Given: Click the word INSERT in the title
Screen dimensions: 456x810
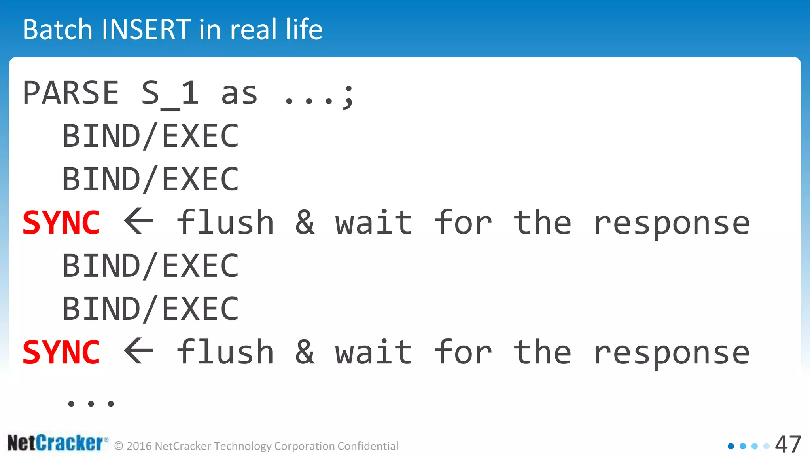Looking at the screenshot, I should coord(146,30).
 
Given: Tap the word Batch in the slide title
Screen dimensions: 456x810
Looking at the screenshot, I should coord(58,30).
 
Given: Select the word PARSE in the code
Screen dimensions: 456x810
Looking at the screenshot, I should coord(71,93).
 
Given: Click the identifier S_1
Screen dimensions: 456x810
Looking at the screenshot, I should coord(170,94).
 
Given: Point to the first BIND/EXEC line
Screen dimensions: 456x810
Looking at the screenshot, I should coord(151,136).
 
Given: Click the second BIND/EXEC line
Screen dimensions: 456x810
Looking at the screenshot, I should coord(151,179).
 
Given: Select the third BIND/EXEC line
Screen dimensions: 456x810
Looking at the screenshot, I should coord(151,266).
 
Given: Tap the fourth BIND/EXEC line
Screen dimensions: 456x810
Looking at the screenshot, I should coord(151,309).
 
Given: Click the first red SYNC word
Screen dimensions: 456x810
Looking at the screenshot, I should coord(61,223).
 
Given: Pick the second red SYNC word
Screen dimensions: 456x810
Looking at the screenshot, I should coord(61,352).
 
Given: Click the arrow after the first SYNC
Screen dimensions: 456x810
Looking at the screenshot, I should coord(139,222).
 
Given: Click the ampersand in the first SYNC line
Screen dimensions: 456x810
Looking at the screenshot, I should coord(305,222).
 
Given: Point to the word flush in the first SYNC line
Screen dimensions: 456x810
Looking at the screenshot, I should coord(225,222).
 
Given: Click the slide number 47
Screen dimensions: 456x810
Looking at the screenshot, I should coord(787,445).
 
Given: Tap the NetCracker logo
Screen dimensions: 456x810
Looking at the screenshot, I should coord(57,443).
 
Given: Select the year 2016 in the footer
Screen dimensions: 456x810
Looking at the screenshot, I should coord(139,446).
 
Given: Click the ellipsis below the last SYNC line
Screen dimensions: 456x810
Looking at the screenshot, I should coord(91,404).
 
